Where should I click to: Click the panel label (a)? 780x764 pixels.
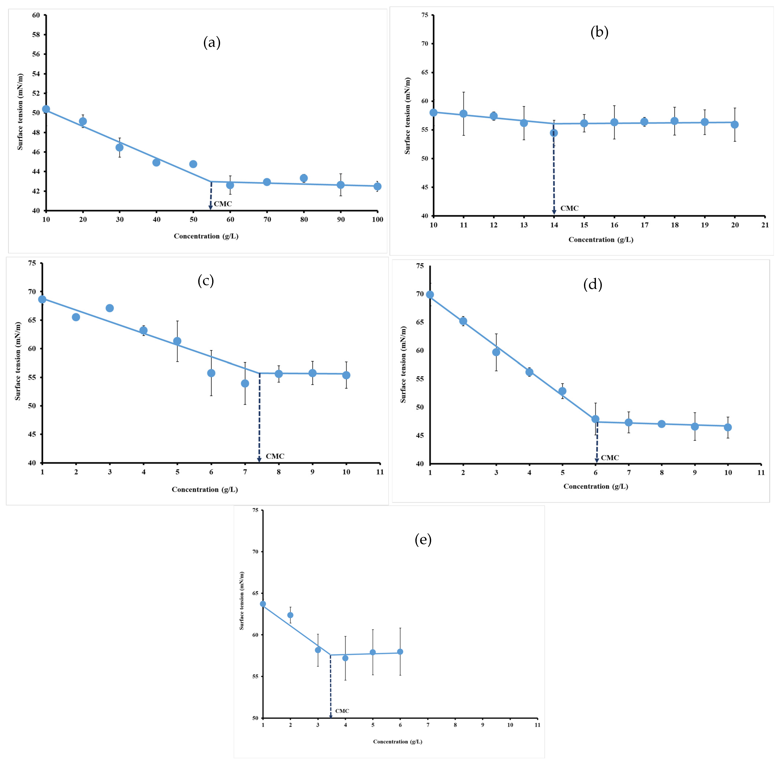click(212, 42)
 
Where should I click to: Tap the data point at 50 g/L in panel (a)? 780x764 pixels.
click(193, 164)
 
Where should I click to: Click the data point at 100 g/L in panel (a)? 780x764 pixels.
click(377, 187)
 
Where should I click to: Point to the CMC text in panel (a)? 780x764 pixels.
click(223, 204)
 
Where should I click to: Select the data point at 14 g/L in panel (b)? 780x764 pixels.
click(554, 133)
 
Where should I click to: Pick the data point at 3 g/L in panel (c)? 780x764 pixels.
click(109, 308)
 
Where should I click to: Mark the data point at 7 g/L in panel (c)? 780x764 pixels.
click(245, 384)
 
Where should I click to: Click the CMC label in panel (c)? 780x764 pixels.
click(275, 456)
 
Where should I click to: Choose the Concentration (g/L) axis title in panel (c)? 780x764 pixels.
click(205, 490)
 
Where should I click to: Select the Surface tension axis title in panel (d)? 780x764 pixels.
click(403, 364)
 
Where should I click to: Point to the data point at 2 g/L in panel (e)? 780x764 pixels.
click(290, 615)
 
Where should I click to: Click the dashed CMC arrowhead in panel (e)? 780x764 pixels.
click(331, 716)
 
